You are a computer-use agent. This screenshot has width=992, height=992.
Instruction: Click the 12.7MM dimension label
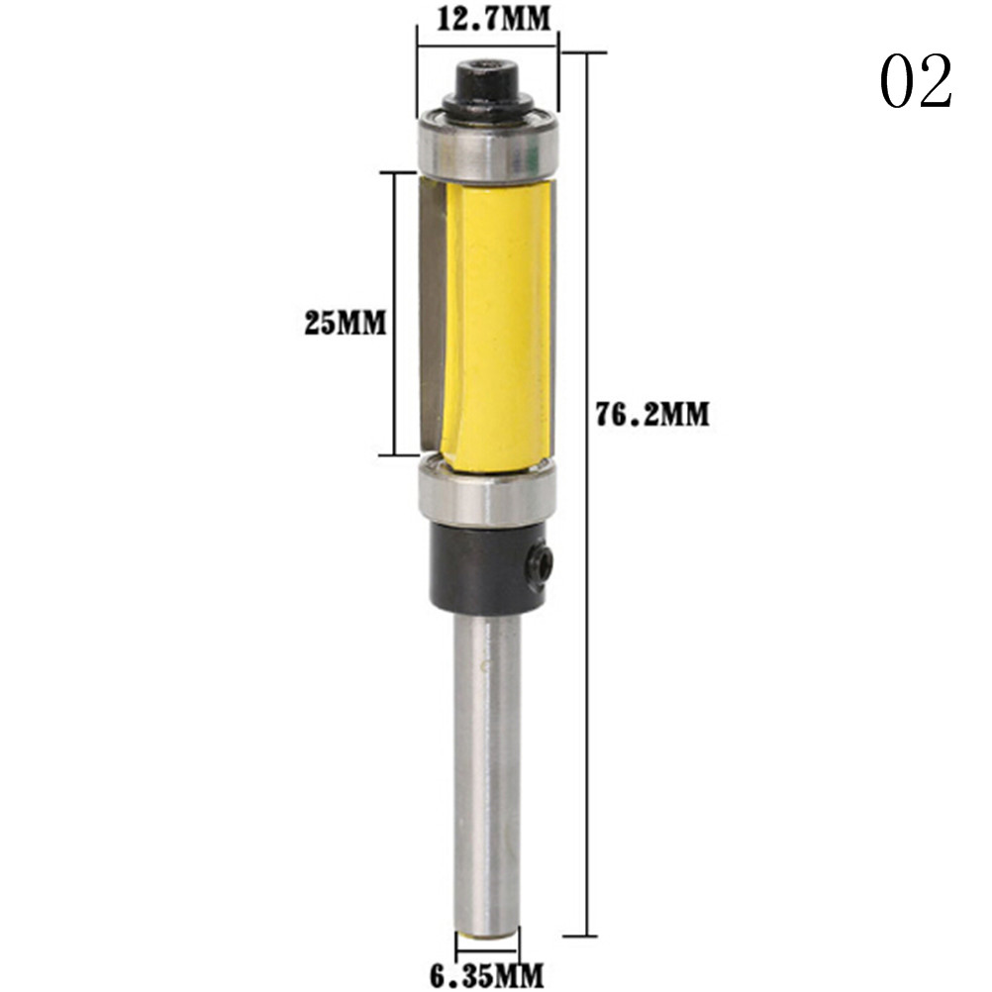[x=493, y=19]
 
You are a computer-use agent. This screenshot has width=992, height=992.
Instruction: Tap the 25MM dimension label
[x=346, y=323]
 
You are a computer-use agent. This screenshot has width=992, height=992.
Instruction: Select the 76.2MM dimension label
[x=652, y=415]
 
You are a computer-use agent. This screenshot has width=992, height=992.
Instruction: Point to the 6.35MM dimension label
[x=486, y=975]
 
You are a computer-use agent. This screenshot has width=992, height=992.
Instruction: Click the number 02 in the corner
[x=916, y=81]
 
